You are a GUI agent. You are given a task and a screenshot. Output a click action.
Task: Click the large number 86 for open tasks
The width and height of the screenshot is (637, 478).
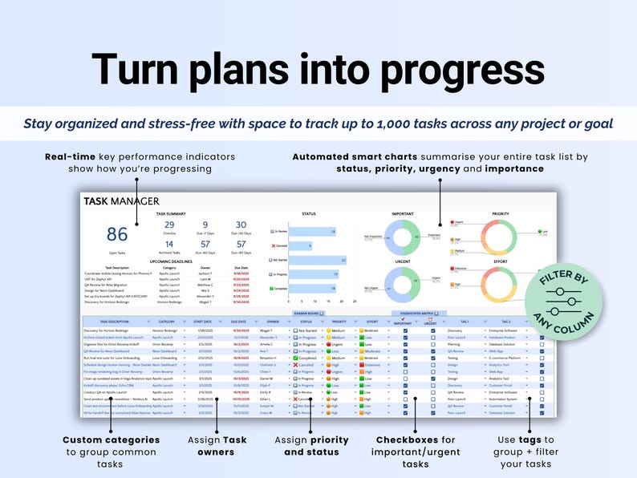click(117, 234)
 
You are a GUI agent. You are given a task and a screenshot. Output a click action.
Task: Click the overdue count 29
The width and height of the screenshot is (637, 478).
click(169, 225)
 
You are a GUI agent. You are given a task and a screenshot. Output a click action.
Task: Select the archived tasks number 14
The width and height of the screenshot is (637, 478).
click(169, 244)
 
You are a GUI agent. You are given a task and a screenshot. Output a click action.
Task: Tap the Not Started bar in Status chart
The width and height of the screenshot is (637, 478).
click(317, 260)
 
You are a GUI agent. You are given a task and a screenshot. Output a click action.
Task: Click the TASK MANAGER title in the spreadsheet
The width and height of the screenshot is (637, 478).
click(122, 201)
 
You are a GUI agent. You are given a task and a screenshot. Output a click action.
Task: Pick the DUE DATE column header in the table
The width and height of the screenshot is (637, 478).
click(238, 321)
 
